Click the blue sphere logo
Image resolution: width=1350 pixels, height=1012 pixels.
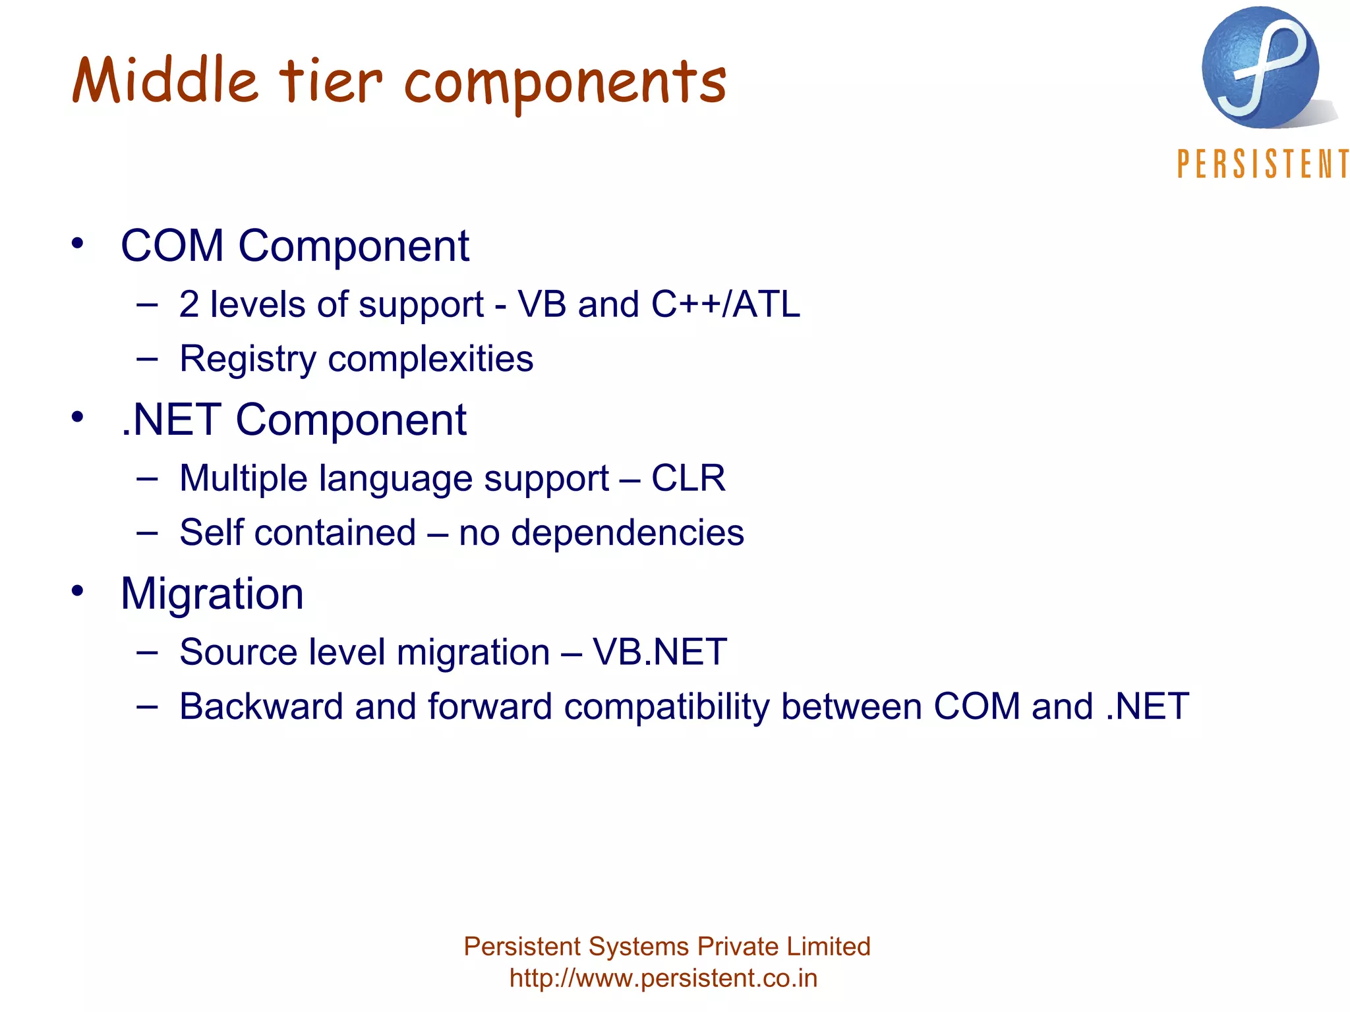click(1260, 67)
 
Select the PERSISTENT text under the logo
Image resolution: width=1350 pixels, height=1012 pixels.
click(1262, 164)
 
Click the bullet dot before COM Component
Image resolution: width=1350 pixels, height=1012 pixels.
click(78, 243)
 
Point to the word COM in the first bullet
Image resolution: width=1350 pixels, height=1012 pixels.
click(172, 246)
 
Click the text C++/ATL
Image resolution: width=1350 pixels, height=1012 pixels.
click(725, 304)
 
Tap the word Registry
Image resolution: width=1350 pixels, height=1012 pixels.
click(248, 360)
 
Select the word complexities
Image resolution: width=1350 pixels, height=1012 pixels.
click(430, 360)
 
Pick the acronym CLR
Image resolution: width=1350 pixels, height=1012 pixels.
click(688, 478)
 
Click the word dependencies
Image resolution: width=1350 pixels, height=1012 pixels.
click(628, 532)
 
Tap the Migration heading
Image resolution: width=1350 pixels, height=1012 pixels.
click(212, 594)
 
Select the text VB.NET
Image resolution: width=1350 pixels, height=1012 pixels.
click(659, 652)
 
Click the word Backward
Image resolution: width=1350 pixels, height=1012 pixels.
click(261, 706)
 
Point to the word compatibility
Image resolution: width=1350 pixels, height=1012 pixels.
click(666, 708)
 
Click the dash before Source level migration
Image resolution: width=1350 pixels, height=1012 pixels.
click(147, 652)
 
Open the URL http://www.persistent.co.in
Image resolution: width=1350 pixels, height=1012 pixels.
click(663, 978)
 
